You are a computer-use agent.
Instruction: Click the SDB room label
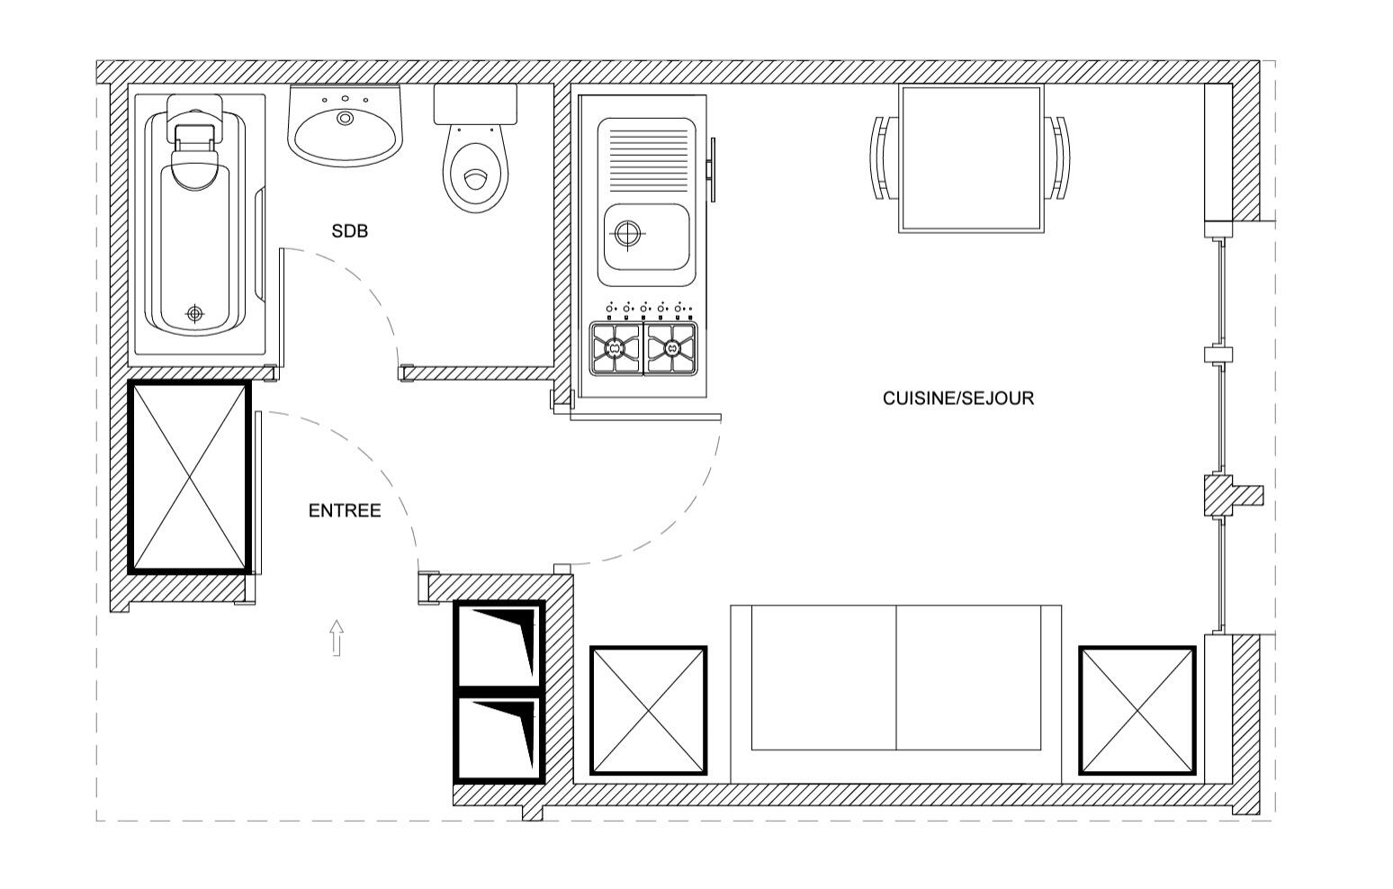[x=349, y=231]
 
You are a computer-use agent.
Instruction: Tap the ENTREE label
[x=345, y=511]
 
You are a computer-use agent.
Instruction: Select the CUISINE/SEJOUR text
[x=958, y=399]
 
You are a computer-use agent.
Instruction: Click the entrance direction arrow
[x=337, y=638]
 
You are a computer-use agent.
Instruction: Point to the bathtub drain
[x=195, y=314]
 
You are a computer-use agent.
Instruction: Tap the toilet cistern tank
[x=476, y=104]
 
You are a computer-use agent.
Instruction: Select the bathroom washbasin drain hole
[x=345, y=118]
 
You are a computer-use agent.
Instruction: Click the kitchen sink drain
[x=627, y=234]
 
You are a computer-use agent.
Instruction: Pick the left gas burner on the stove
[x=616, y=349]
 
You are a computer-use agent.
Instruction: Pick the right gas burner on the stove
[x=670, y=349]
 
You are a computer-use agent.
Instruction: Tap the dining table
[x=971, y=158]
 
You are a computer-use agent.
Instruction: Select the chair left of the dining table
[x=884, y=157]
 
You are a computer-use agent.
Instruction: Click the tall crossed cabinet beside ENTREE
[x=189, y=477]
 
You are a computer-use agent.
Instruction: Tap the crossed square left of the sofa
[x=648, y=711]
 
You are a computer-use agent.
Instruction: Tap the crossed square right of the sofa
[x=1137, y=711]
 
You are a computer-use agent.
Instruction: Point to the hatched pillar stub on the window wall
[x=1233, y=496]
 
